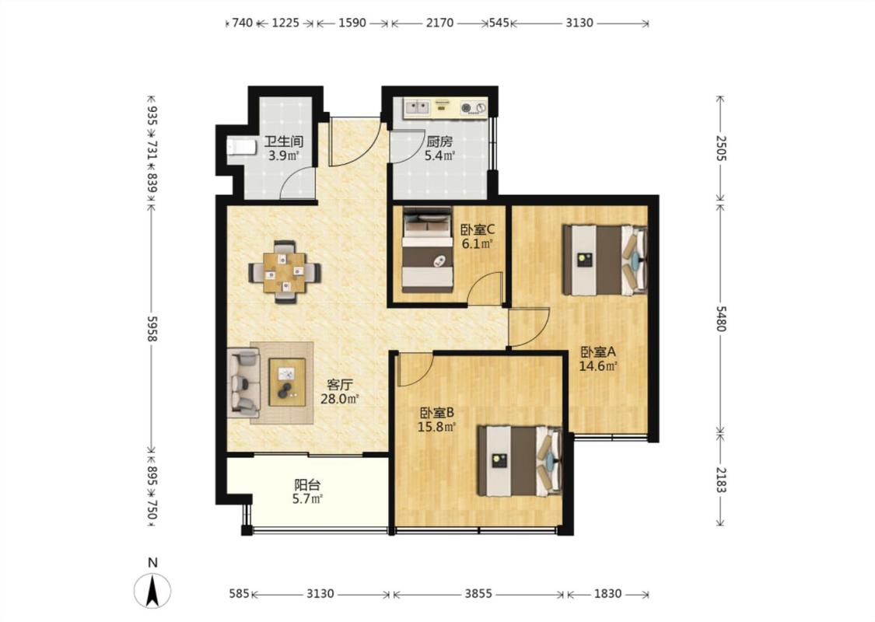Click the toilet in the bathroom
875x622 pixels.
click(241, 147)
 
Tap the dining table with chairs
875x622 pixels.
click(285, 272)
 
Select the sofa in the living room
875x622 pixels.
click(244, 383)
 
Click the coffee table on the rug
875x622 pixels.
click(287, 382)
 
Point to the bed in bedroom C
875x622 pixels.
click(428, 250)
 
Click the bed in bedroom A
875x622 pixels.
click(605, 260)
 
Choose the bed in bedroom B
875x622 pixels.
click(520, 461)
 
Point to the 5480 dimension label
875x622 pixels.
click(720, 319)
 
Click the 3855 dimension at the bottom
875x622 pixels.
click(478, 593)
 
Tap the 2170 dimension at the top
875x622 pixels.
click(439, 23)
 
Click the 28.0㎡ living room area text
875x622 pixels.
click(339, 399)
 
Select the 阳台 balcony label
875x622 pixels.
click(307, 485)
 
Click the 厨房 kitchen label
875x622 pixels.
click(439, 142)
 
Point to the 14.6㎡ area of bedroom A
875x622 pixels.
click(597, 366)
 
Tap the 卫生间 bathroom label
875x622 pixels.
click(283, 142)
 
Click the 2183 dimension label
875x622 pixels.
click(720, 480)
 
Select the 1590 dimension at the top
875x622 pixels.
click(352, 23)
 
